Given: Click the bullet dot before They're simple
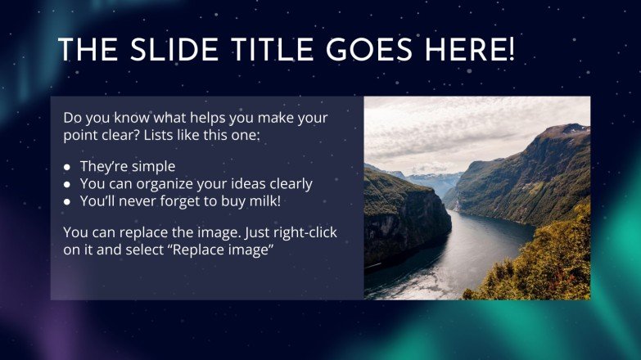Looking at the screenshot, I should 68,168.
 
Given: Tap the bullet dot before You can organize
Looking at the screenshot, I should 68,184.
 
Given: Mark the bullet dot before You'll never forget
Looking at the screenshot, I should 68,200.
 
